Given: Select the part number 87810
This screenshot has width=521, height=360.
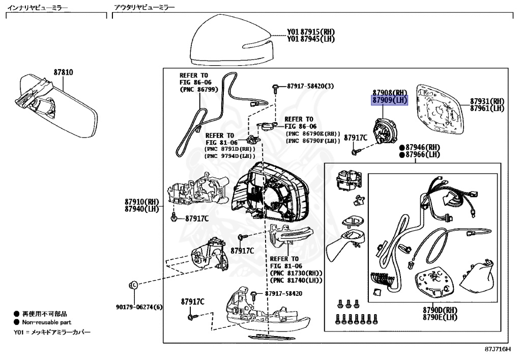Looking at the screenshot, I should tap(63, 72).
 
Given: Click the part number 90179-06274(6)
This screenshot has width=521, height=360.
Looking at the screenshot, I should tap(138, 307).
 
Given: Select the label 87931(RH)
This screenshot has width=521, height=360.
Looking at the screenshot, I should tap(487, 101).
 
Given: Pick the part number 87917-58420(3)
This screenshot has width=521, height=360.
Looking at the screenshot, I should tap(310, 86).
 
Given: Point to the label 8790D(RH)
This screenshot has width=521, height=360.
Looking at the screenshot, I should tap(440, 310).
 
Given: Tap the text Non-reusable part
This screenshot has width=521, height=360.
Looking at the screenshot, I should tap(46, 322).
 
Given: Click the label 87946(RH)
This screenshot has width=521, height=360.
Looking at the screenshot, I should tap(423, 147).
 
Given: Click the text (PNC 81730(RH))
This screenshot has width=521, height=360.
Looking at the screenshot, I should tap(297, 273).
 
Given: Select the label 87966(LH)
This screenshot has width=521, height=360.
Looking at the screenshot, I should tap(423, 154).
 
